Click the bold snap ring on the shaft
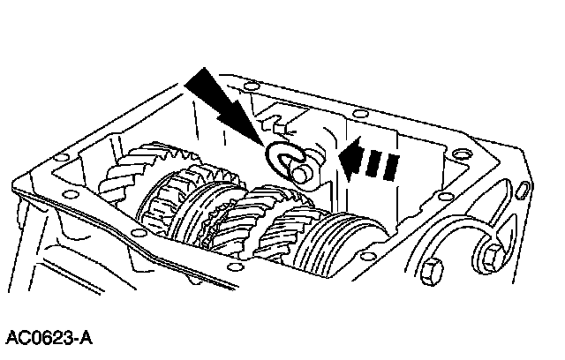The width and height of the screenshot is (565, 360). pos(284,158)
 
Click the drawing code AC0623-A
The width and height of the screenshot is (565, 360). pos(49,338)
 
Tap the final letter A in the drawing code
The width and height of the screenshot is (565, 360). pos(87,338)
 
